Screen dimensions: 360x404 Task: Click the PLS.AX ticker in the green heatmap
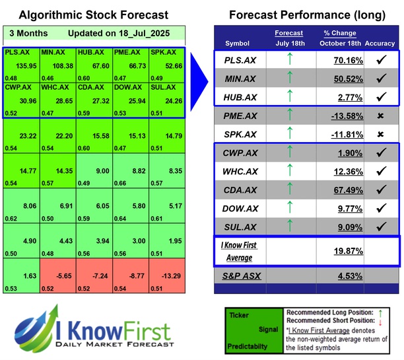16,52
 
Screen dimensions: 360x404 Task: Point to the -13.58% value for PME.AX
339,116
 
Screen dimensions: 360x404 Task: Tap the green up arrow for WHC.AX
288,171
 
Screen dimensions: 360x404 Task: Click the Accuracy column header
380,43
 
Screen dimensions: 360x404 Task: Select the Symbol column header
238,43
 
